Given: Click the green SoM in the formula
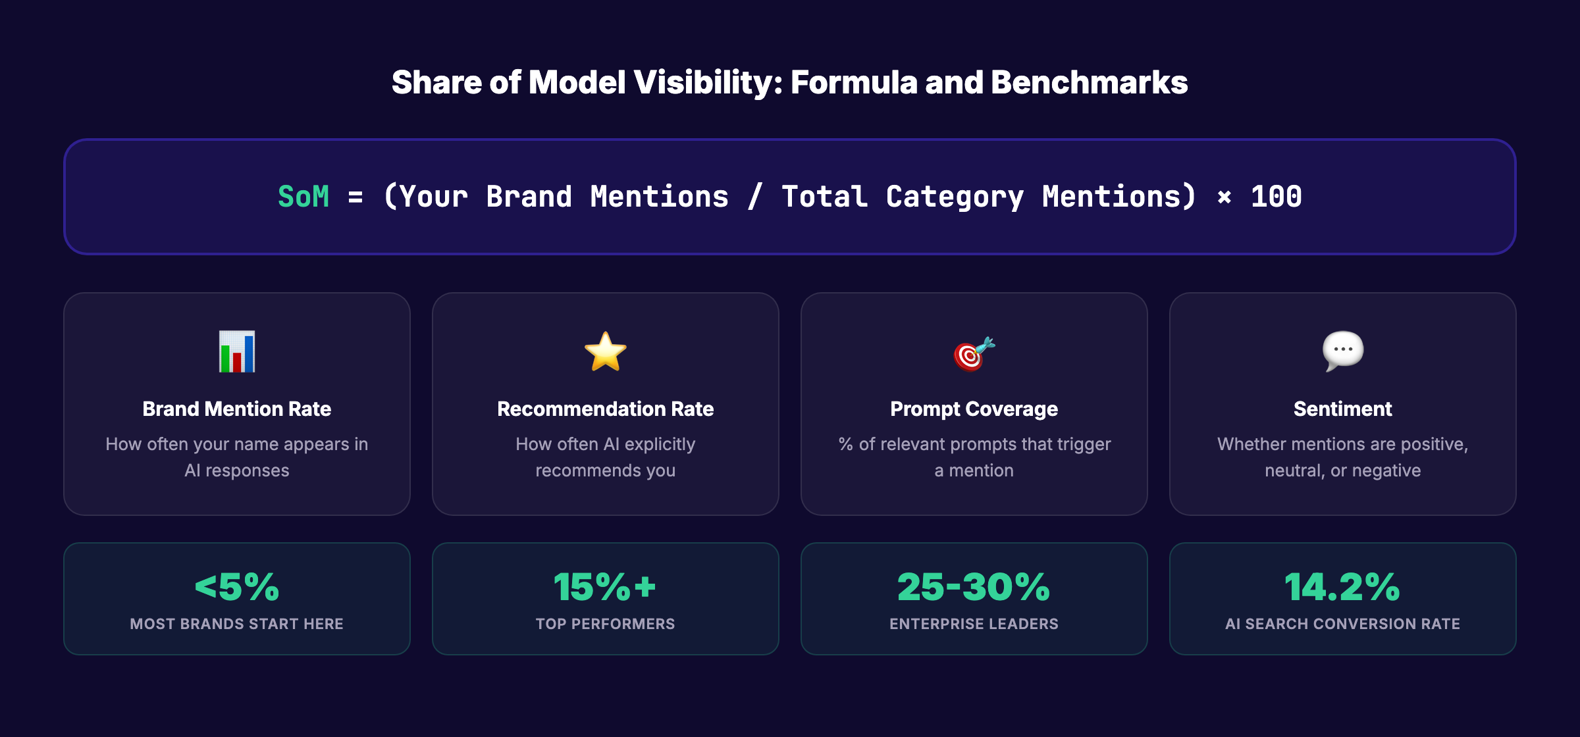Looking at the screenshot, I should click(x=303, y=197).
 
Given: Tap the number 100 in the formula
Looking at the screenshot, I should click(x=1276, y=197).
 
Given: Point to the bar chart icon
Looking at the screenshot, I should click(x=237, y=351).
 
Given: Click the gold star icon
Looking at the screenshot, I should click(x=605, y=351).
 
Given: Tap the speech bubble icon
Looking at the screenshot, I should click(x=1343, y=350).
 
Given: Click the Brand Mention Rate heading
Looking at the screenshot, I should click(x=237, y=409).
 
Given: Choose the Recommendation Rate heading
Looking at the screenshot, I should click(x=605, y=409).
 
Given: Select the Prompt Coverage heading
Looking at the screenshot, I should click(x=974, y=409).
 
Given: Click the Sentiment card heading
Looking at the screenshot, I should click(x=1342, y=409).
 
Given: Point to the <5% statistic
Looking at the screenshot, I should click(x=237, y=586).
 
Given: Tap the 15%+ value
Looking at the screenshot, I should click(x=605, y=586).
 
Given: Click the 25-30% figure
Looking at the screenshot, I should click(x=974, y=586).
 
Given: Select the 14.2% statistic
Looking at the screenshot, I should click(x=1342, y=586).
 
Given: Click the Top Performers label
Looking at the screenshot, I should click(x=605, y=624).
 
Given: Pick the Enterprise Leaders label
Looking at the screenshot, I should click(x=974, y=624).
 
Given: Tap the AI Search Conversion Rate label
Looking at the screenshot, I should click(x=1342, y=624).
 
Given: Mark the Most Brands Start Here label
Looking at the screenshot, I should click(x=237, y=624).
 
